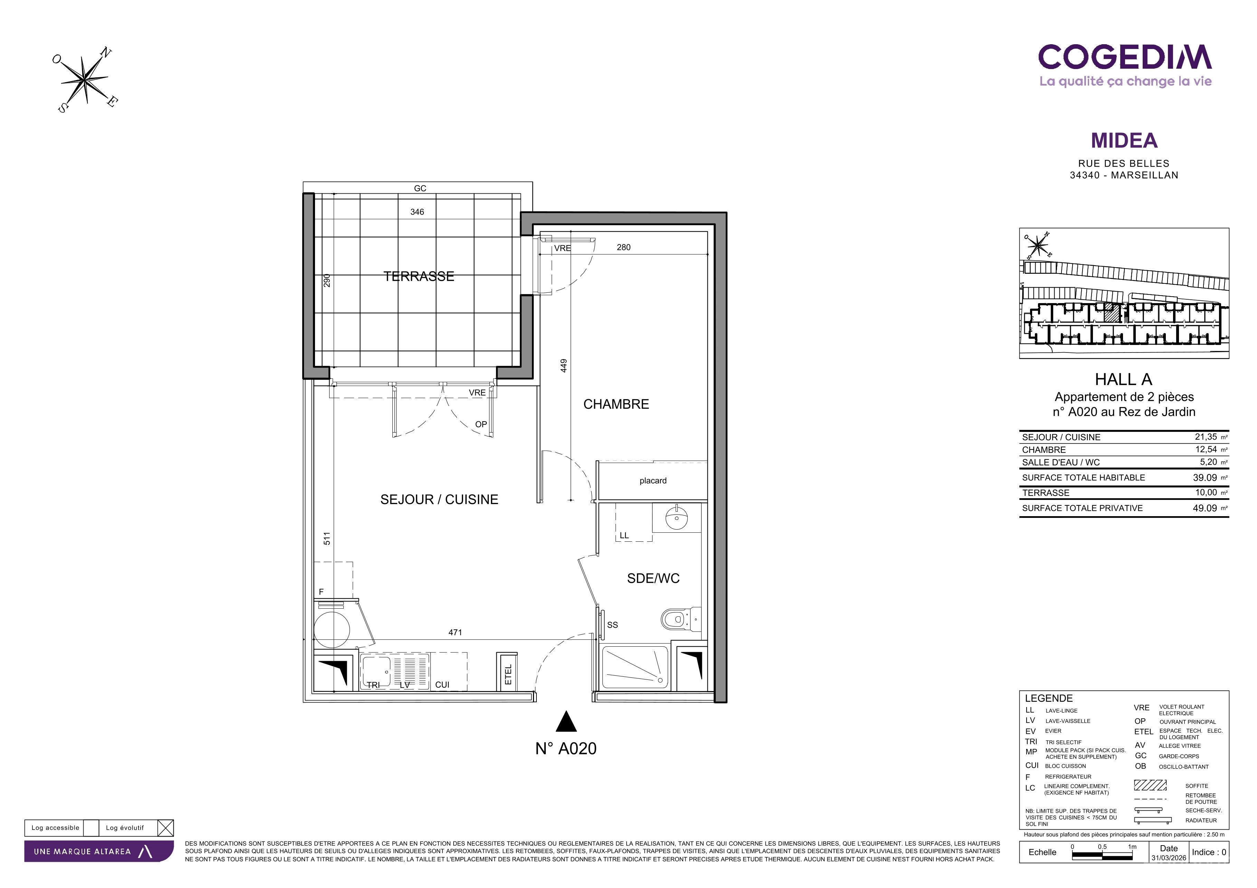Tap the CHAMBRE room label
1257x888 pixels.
[x=616, y=404]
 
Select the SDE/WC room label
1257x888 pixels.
[x=653, y=578]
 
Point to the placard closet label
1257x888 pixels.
[x=653, y=481]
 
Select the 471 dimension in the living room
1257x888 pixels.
[x=455, y=633]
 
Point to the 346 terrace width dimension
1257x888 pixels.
[x=417, y=212]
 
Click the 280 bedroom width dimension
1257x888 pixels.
[x=623, y=247]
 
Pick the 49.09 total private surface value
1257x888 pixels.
[x=1204, y=508]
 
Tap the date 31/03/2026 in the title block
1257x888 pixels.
[x=1168, y=858]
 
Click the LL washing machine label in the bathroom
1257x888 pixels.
[x=624, y=535]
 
